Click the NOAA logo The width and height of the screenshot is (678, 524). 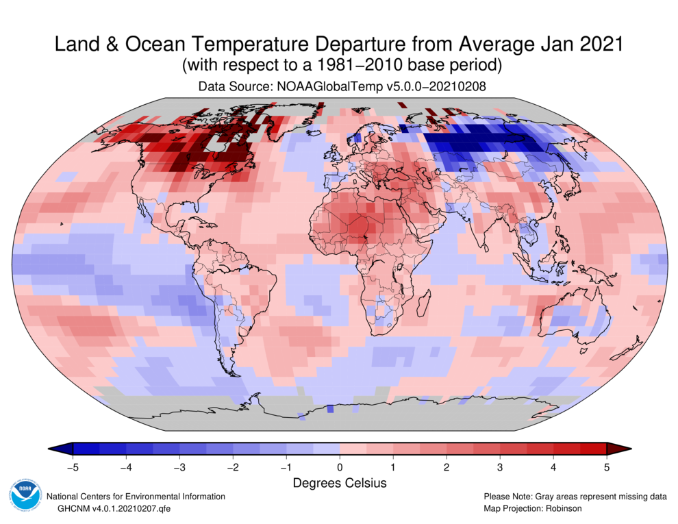25,498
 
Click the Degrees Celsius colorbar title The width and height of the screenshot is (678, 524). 340,483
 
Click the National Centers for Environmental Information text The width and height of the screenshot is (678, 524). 135,496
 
